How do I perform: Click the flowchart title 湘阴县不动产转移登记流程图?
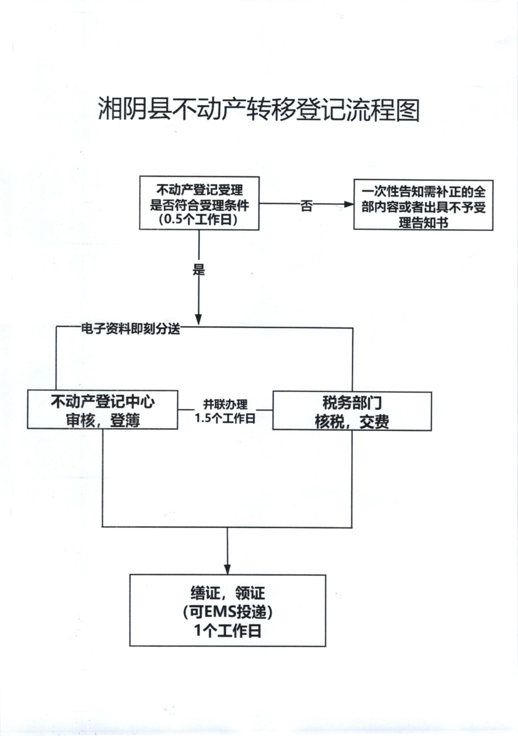pyautogui.click(x=258, y=109)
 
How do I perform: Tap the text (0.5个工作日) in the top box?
pyautogui.click(x=199, y=219)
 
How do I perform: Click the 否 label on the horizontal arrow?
pyautogui.click(x=307, y=206)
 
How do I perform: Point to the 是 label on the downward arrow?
pyautogui.click(x=199, y=269)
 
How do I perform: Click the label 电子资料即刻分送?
pyautogui.click(x=130, y=329)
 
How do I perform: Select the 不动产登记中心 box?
pyautogui.click(x=103, y=402)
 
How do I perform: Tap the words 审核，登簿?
pyautogui.click(x=103, y=420)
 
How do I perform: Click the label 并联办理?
pyautogui.click(x=225, y=404)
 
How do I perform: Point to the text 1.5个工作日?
pyautogui.click(x=225, y=418)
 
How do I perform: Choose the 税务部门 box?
pyautogui.click(x=352, y=402)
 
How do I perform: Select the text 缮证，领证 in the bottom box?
pyautogui.click(x=227, y=593)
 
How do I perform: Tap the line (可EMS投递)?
pyautogui.click(x=227, y=612)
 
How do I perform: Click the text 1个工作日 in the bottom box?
pyautogui.click(x=227, y=631)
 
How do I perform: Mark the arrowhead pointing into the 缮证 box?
pyautogui.click(x=227, y=568)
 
